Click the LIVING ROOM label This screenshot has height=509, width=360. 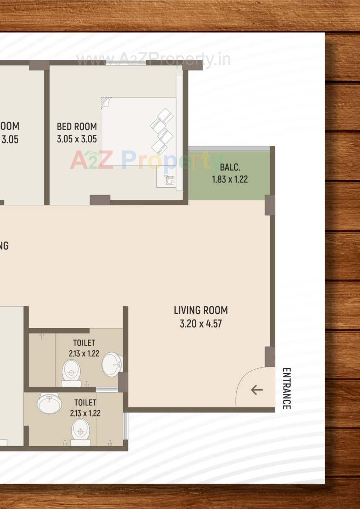pos(201,310)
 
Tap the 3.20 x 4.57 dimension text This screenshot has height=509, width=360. pos(201,324)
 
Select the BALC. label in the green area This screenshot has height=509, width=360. pos(230,167)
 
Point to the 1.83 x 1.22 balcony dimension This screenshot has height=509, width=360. pos(230,179)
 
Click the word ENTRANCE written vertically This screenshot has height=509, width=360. pos(286,388)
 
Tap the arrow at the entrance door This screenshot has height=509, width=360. pos(257,390)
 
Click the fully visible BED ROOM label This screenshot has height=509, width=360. pos(77,126)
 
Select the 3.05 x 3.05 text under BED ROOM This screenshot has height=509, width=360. pos(77,139)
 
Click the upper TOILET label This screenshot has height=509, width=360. pos(84,343)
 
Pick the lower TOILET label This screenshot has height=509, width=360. pos(85,403)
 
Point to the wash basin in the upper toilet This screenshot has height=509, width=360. pos(111,364)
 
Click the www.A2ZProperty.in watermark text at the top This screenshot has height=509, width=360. pos(153,59)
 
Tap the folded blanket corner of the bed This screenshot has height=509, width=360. pos(106,102)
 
